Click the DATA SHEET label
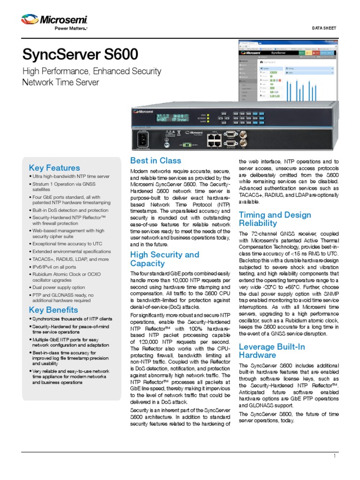(x=324, y=28)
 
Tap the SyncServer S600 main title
(x=80, y=55)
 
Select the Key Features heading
(x=54, y=168)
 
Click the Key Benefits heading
(x=53, y=310)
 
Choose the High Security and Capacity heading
(x=165, y=259)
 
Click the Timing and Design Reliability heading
(x=275, y=219)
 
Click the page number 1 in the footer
(x=335, y=456)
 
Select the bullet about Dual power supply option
(x=59, y=287)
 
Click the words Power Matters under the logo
(x=68, y=29)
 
